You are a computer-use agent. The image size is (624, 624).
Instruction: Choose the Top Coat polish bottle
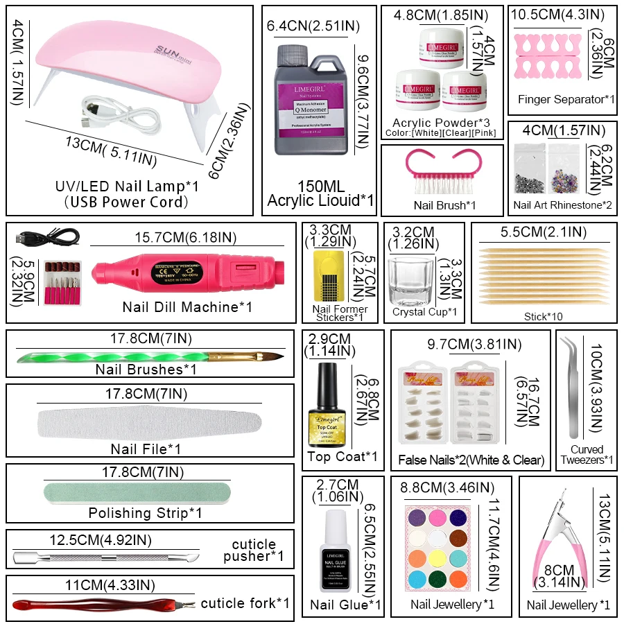pyautogui.click(x=327, y=409)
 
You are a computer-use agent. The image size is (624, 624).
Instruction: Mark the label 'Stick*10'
pyautogui.click(x=544, y=316)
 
